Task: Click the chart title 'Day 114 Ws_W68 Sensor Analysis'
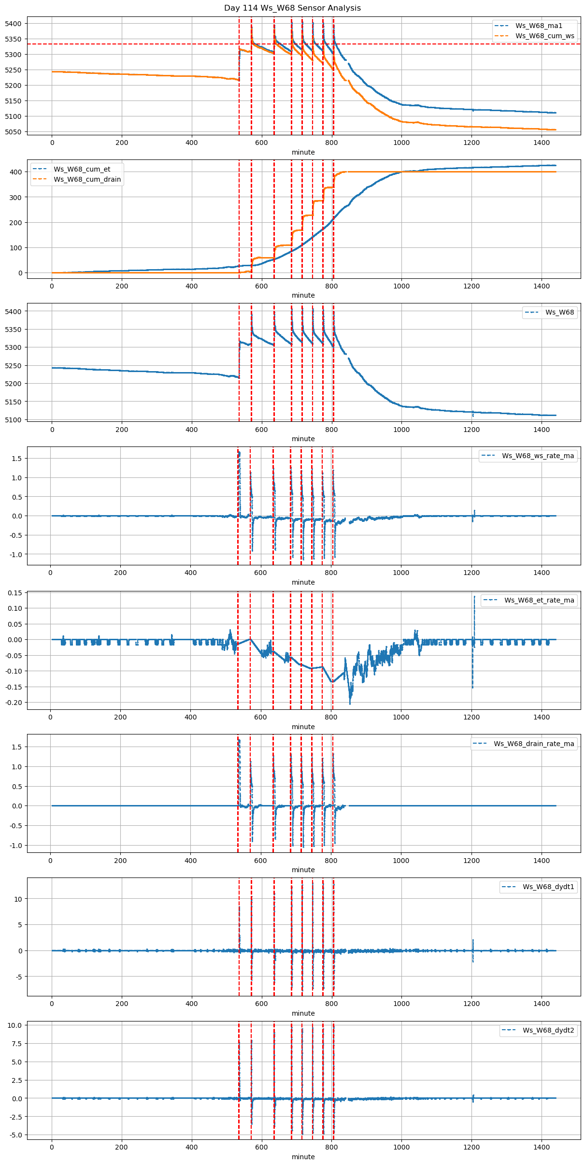[292, 8]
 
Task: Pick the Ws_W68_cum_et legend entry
[82, 169]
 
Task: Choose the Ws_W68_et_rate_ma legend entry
[539, 600]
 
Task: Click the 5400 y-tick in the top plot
[13, 24]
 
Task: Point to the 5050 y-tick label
[13, 132]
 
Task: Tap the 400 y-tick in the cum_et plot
[16, 172]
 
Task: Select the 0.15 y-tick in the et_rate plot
[14, 593]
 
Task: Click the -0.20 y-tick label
[13, 703]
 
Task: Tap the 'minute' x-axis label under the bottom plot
[303, 1157]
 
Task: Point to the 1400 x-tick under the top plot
[542, 143]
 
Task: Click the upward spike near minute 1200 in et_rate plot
[474, 599]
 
